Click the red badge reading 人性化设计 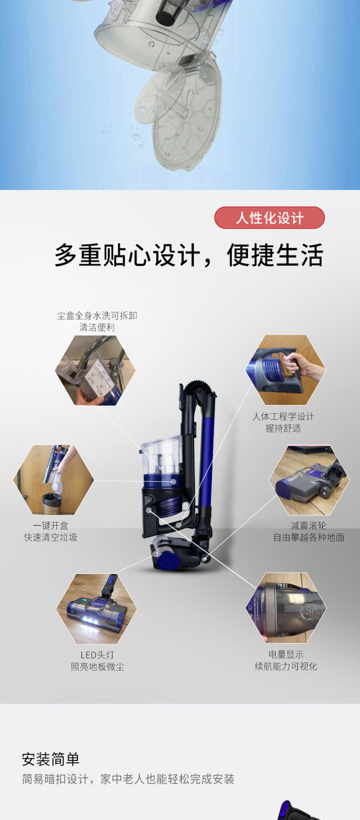270,218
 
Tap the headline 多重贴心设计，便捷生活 189,255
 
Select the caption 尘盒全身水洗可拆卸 97,316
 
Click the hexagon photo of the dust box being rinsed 95,370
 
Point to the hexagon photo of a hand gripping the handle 286,369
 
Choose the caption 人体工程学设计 283,416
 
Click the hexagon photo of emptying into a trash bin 53,480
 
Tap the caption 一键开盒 50,526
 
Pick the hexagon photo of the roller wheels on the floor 309,480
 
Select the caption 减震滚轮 308,526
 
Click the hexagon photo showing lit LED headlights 97,609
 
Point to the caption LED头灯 98,655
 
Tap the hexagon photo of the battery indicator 286,607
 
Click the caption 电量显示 286,654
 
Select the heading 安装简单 50,759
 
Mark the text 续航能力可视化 286,666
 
